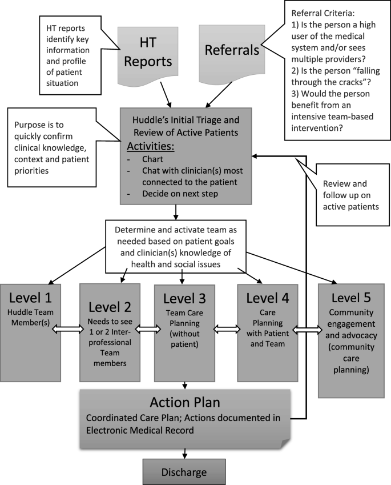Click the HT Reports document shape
coord(154,55)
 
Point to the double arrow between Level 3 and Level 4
coord(225,330)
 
